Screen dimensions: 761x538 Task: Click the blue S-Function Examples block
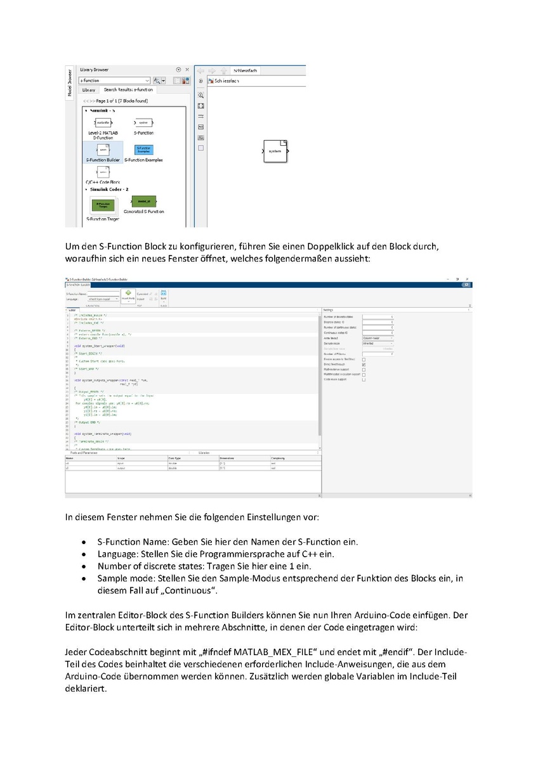143,149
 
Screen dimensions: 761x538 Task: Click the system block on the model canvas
275,151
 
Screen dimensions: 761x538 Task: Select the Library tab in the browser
88,90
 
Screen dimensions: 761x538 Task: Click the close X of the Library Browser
187,70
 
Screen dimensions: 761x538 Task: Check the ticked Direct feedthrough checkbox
364,365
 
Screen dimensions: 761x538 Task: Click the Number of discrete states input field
378,316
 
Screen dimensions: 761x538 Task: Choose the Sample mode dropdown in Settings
378,343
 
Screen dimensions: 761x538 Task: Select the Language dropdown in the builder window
100,299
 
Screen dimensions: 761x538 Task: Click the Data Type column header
176,457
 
